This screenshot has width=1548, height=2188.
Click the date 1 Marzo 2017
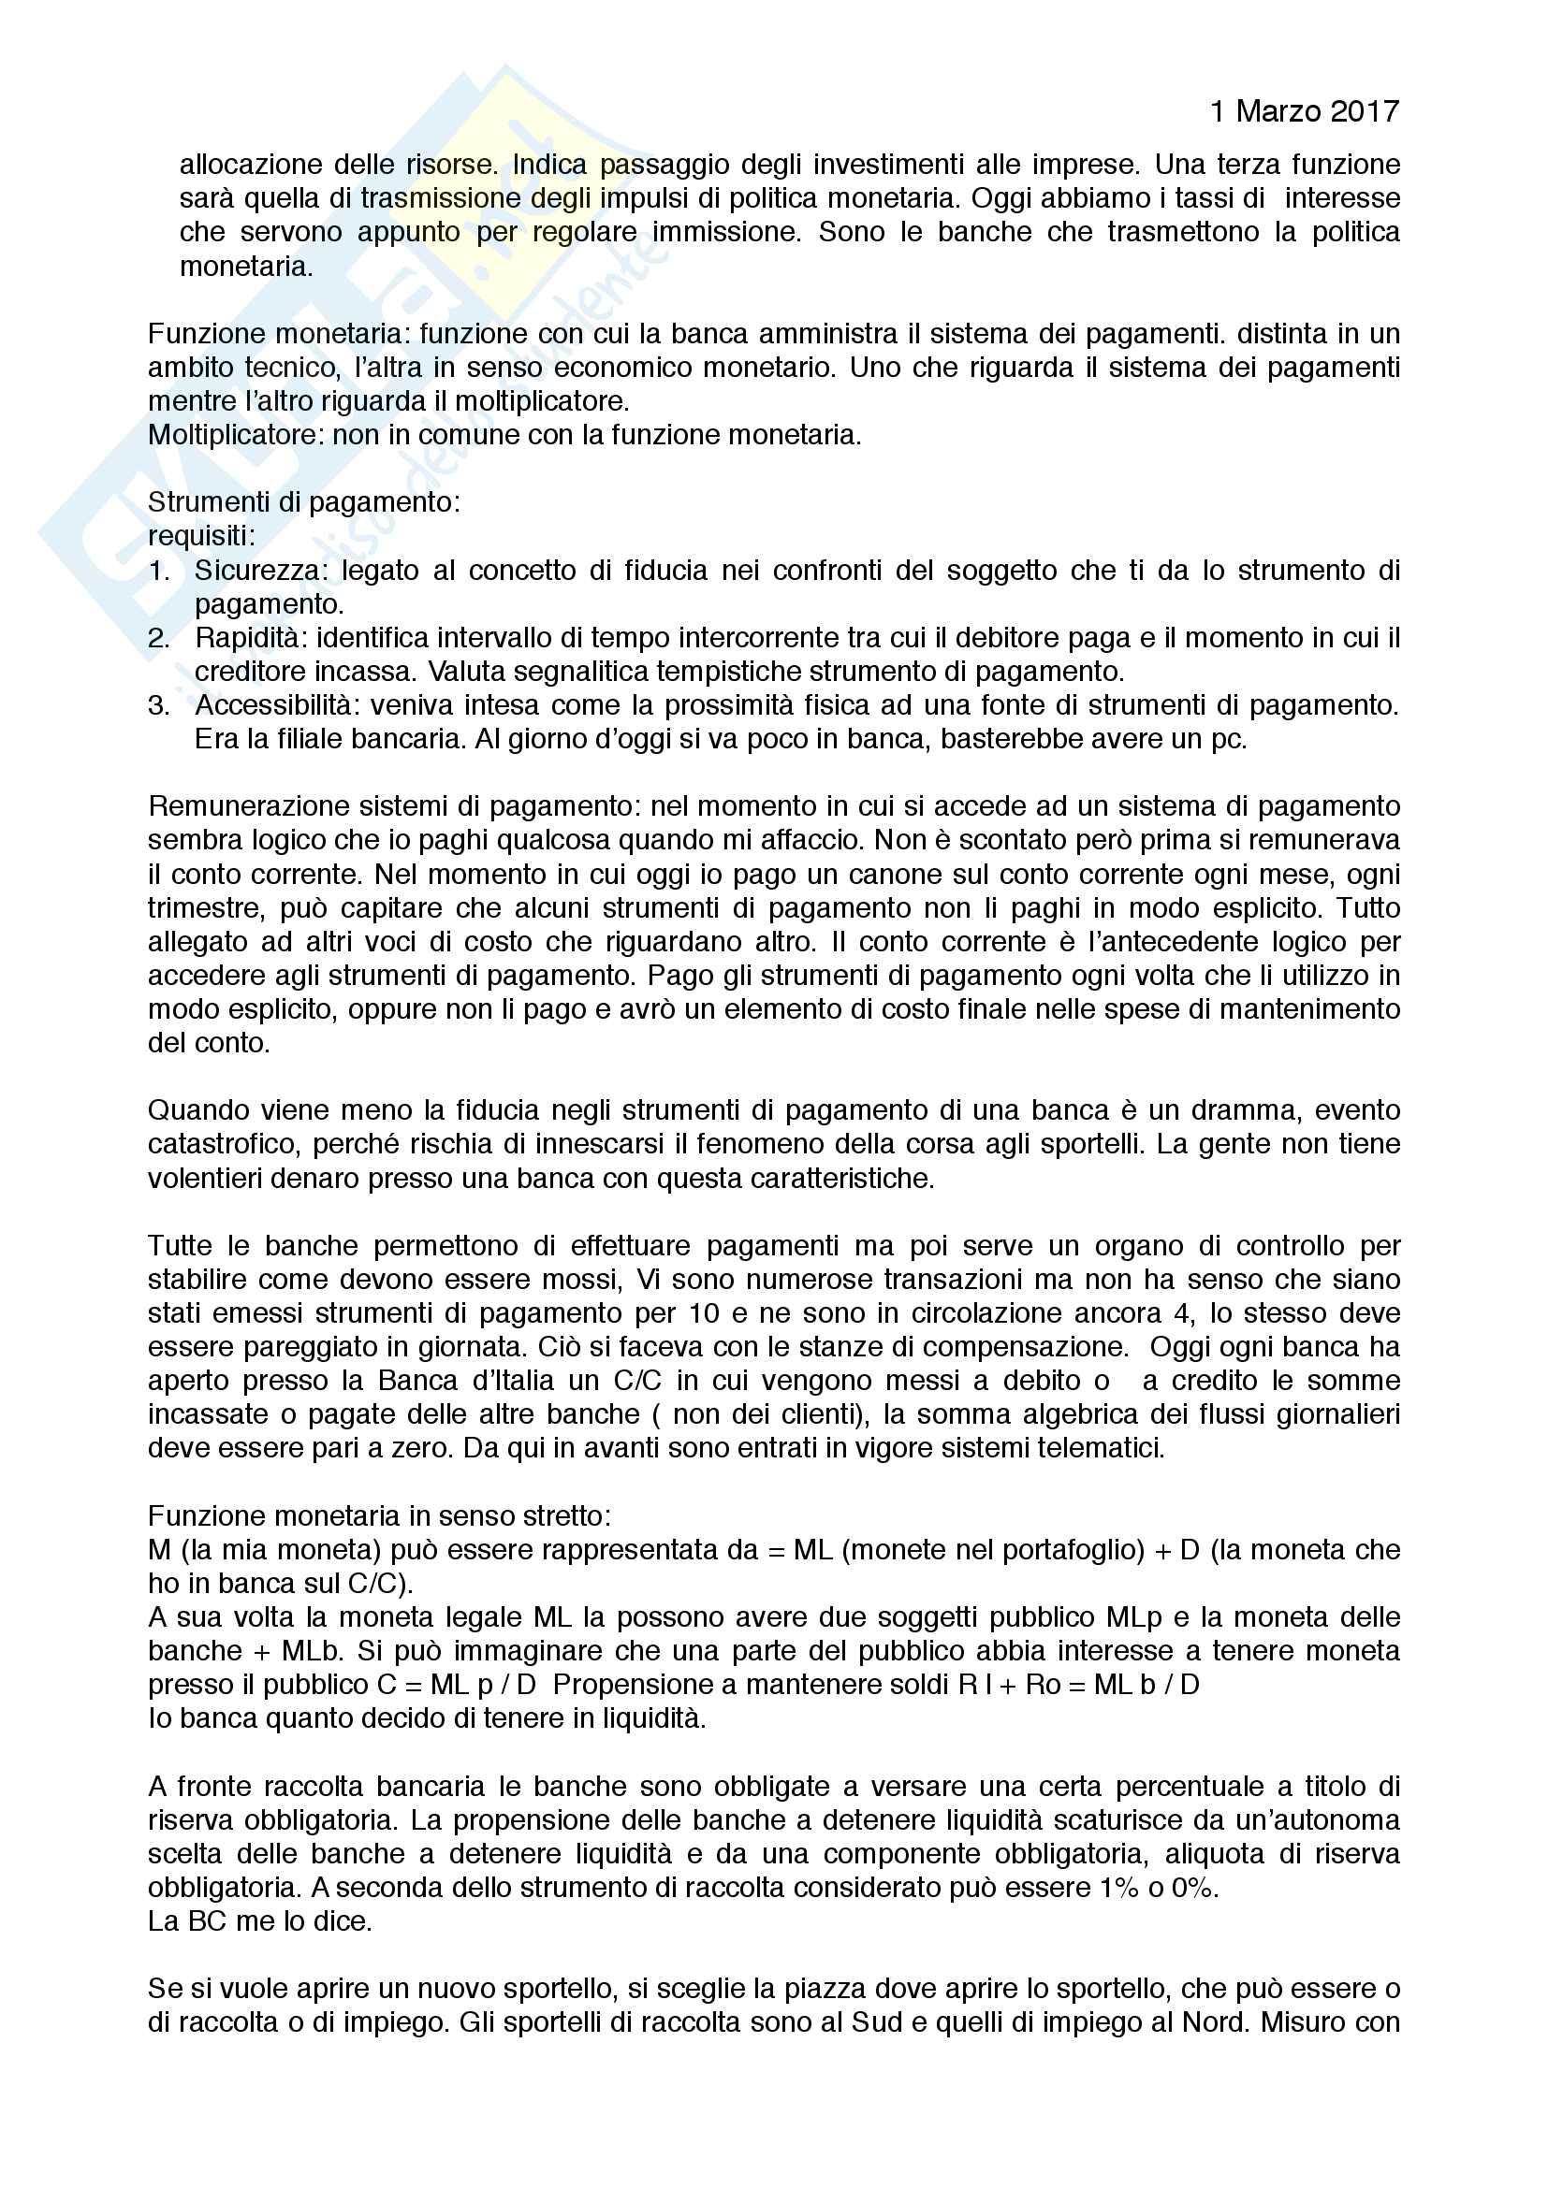1304,112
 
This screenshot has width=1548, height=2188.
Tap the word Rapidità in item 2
247,639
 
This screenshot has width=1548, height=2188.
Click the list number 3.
158,706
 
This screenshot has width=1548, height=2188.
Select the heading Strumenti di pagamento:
304,502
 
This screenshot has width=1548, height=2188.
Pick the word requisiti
201,537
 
